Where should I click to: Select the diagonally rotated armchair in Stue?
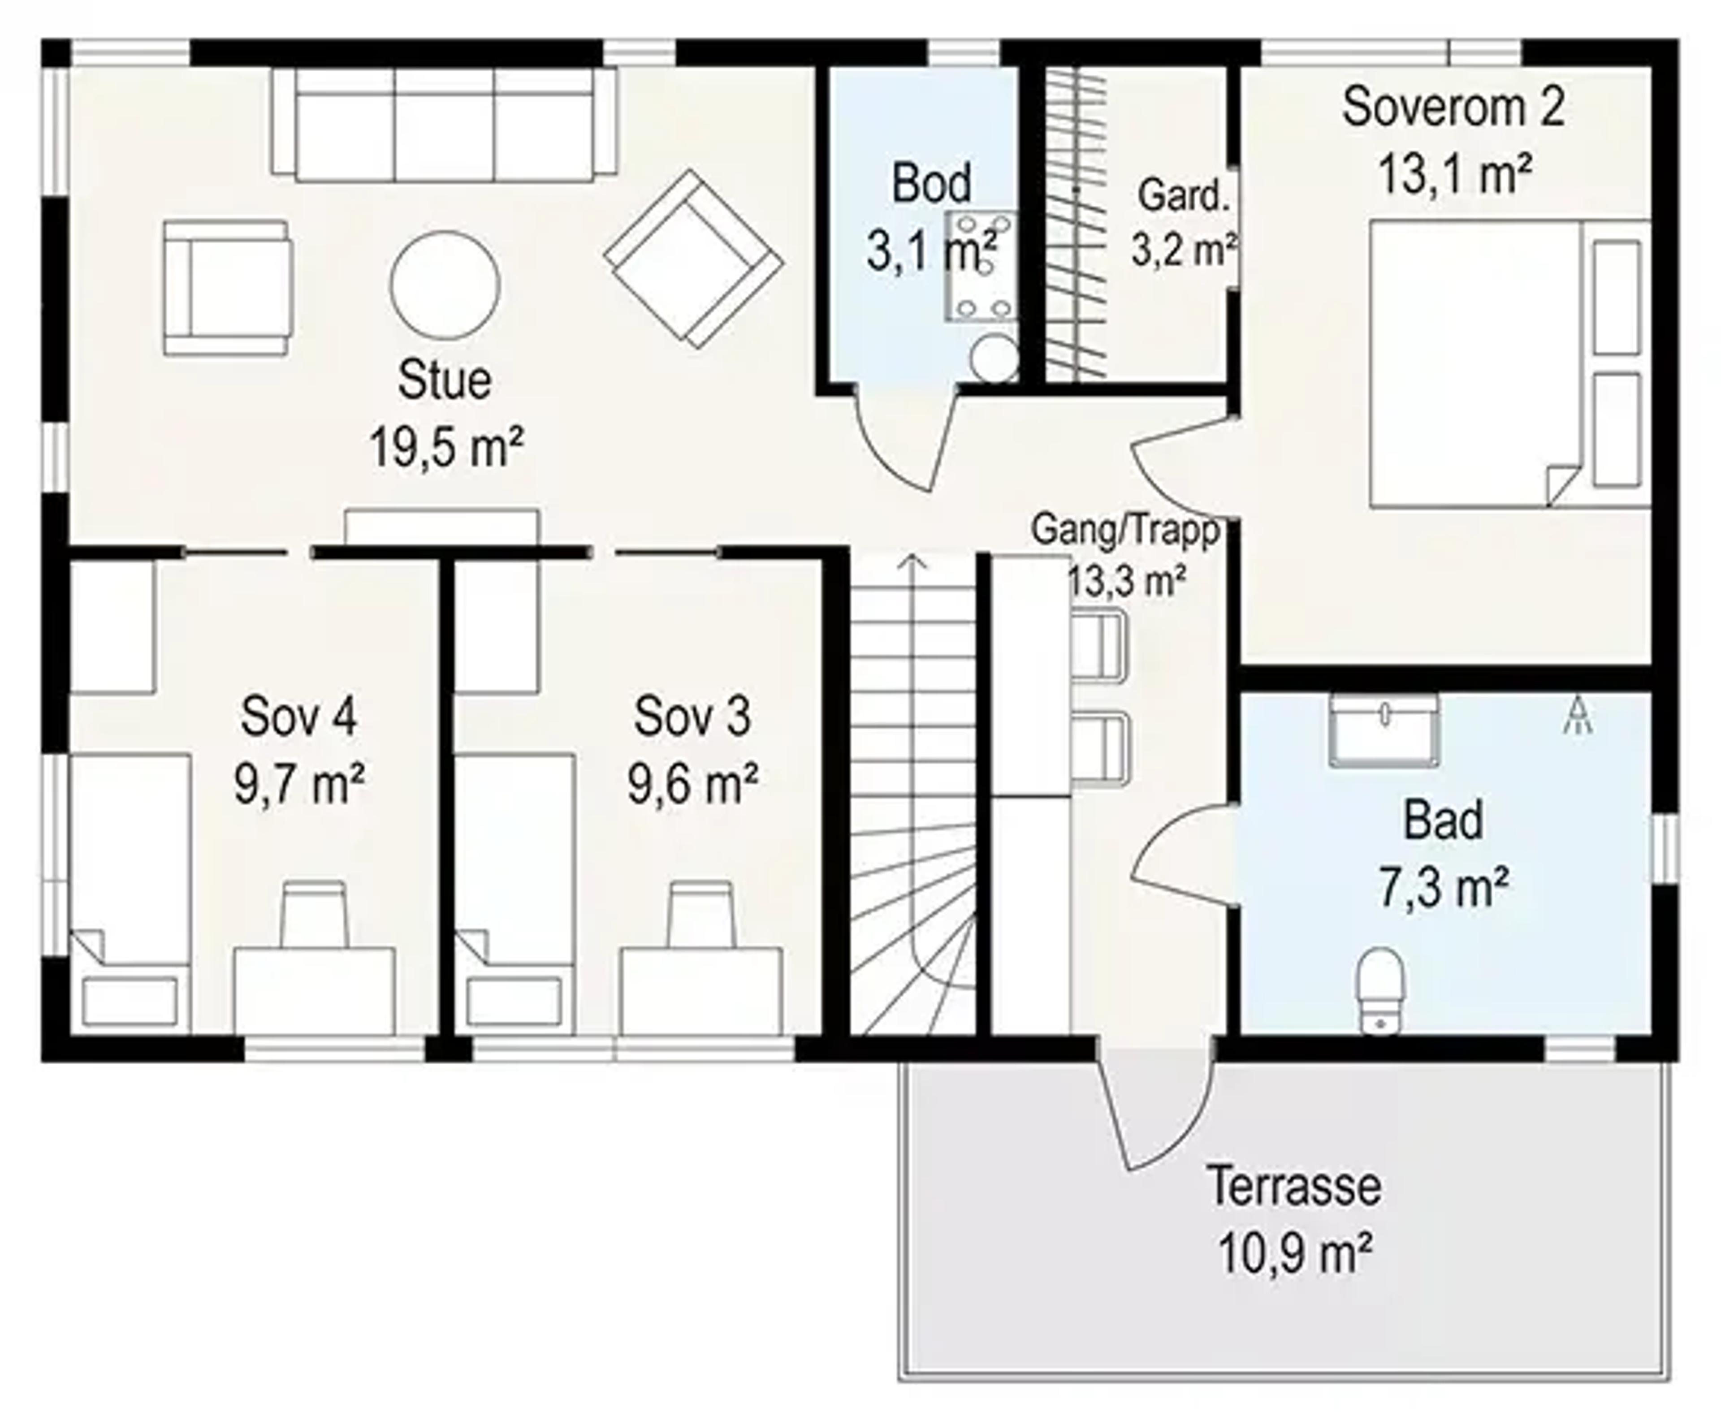click(x=693, y=259)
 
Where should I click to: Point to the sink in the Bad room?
click(x=1384, y=730)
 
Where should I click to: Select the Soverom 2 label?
click(x=1453, y=106)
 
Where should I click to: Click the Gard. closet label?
click(x=1184, y=196)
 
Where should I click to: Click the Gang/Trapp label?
click(x=1126, y=530)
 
